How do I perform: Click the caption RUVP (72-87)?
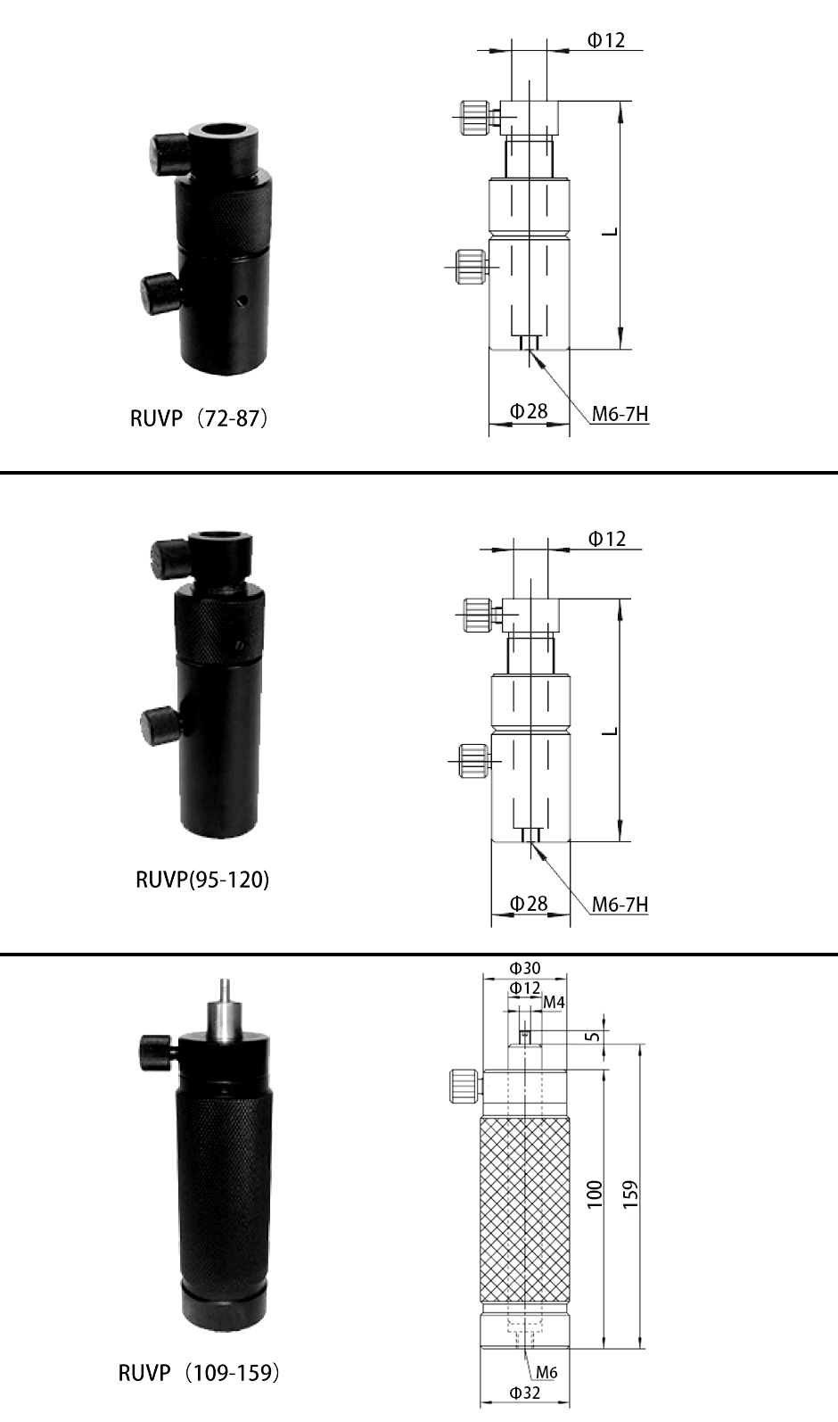click(199, 418)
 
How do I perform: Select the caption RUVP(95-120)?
click(202, 880)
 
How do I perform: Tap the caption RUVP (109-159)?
click(199, 1373)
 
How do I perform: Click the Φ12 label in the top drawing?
click(606, 40)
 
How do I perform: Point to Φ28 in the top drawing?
click(529, 411)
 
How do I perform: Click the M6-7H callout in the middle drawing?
click(620, 904)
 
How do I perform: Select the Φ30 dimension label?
click(524, 968)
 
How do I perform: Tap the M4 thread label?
click(554, 1002)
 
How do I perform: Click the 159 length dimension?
click(630, 1195)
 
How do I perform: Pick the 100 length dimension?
click(595, 1195)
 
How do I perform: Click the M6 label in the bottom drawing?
click(546, 1372)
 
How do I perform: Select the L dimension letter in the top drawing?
click(610, 232)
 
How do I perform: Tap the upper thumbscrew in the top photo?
click(168, 153)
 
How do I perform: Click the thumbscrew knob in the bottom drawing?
click(464, 1087)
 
